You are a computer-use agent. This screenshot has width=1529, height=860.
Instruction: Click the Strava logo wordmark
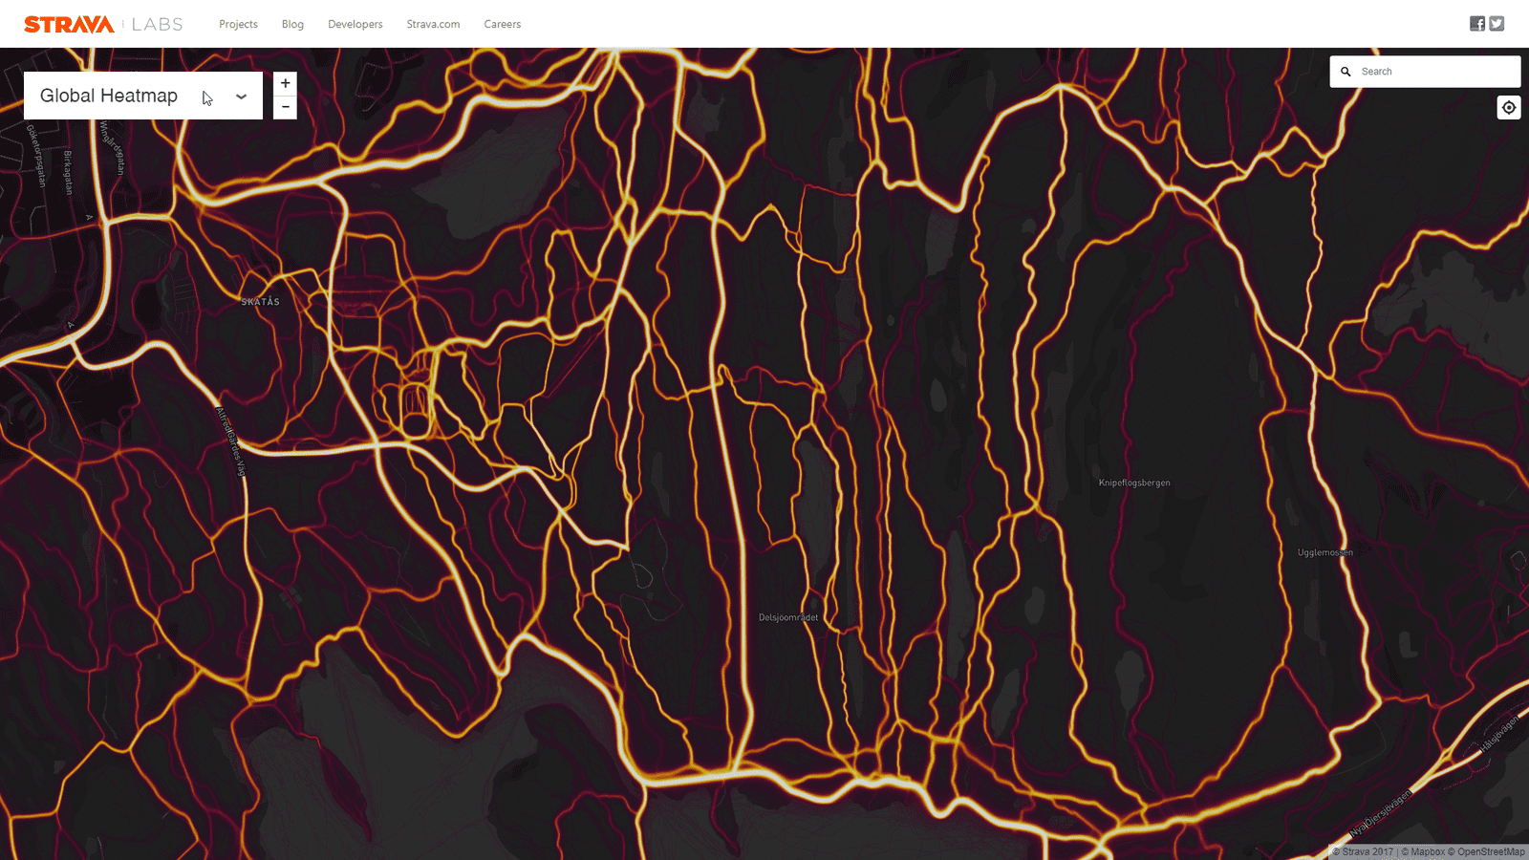coord(69,24)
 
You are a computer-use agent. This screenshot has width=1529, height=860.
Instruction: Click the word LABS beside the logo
coord(158,24)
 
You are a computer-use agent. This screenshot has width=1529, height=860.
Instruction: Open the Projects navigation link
coord(238,24)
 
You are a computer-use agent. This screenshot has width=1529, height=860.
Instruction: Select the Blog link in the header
coord(292,24)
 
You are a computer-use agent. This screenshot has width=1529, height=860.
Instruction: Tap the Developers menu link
coord(355,24)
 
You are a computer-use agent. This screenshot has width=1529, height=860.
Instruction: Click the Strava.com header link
coord(433,24)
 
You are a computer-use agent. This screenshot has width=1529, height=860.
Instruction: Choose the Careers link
coord(502,24)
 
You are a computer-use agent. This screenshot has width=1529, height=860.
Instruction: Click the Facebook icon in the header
coord(1477,24)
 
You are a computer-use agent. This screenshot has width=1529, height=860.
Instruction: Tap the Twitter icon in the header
coord(1497,24)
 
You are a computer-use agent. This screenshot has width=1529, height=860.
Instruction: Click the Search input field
coord(1433,72)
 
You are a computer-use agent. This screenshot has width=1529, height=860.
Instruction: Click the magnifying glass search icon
coord(1346,72)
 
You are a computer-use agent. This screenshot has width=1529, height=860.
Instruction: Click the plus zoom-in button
coord(285,83)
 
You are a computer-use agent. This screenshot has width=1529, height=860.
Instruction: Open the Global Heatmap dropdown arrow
coord(241,96)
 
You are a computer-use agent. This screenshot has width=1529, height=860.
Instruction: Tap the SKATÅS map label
coord(260,302)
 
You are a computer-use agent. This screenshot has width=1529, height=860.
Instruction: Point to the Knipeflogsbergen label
coord(1133,483)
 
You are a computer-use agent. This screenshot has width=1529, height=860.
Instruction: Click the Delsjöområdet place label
coord(788,617)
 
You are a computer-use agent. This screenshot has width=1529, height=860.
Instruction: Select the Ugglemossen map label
coord(1324,552)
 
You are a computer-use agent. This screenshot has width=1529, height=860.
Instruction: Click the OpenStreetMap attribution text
coord(1491,851)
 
